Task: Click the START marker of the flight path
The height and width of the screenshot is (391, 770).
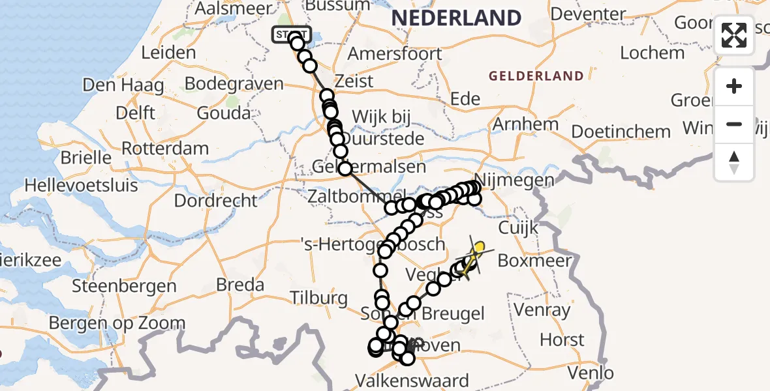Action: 292,34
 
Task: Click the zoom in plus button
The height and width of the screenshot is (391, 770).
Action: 734,86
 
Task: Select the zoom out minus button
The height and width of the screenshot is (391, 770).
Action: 734,124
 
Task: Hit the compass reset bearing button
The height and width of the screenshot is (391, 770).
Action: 734,162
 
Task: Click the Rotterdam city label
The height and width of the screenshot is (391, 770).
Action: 165,148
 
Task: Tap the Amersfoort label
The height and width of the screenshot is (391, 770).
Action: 395,53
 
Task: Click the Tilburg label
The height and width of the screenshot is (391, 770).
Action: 320,298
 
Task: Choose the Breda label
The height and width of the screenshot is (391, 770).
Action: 240,285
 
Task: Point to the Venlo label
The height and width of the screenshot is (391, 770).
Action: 590,373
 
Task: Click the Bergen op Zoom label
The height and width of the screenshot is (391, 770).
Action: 117,323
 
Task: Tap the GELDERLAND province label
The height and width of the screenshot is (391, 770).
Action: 536,76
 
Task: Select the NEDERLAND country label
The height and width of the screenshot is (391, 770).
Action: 456,18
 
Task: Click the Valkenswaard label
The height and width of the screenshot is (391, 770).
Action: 411,380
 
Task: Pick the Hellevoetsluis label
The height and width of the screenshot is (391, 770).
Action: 82,185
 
